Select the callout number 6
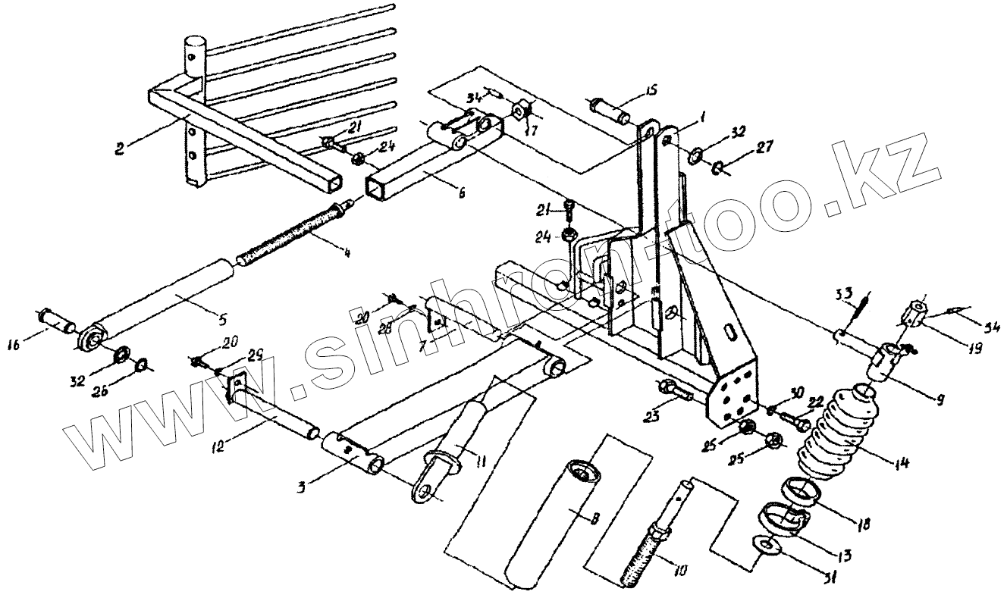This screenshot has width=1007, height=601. [x=462, y=195]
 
